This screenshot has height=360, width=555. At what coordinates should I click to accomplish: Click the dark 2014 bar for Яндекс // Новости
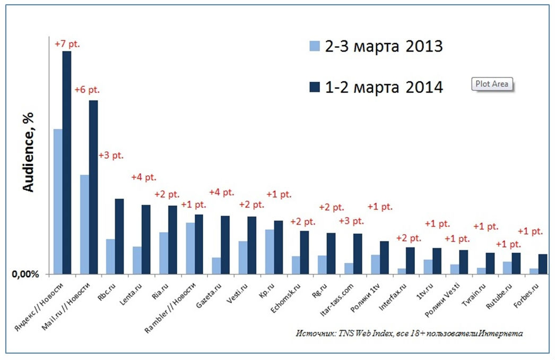(67, 162)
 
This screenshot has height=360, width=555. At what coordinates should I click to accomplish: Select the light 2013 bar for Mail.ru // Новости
(84, 224)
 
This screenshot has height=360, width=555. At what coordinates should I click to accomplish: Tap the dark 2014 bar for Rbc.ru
(119, 236)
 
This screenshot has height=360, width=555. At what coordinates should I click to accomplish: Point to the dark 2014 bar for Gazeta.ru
(225, 245)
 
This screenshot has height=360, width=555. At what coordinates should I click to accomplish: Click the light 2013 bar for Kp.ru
(269, 252)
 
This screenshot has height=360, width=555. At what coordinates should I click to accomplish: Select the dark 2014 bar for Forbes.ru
(542, 264)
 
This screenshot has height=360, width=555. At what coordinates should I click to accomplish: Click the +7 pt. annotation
(67, 44)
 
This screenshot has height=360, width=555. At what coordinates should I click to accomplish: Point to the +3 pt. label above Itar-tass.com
(352, 221)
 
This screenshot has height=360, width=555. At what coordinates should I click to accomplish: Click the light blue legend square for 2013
(314, 47)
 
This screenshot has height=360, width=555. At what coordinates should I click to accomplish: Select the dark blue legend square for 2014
(314, 87)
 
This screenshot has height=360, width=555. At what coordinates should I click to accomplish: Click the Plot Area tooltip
(492, 84)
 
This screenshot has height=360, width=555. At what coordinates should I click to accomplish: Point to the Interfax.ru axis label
(394, 295)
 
